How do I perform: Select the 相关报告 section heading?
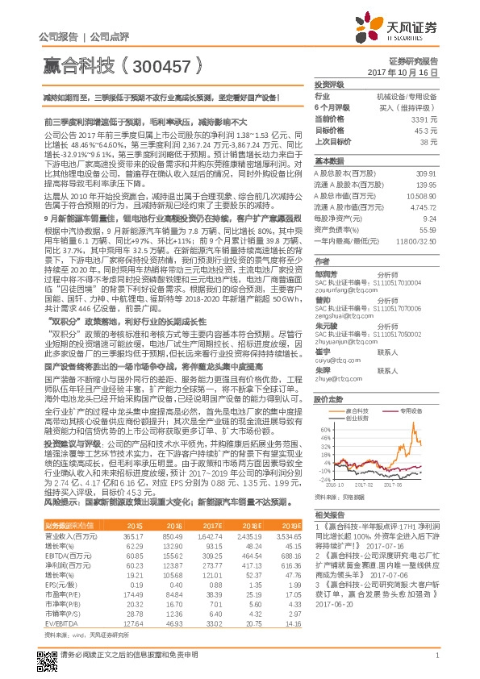click(329, 514)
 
